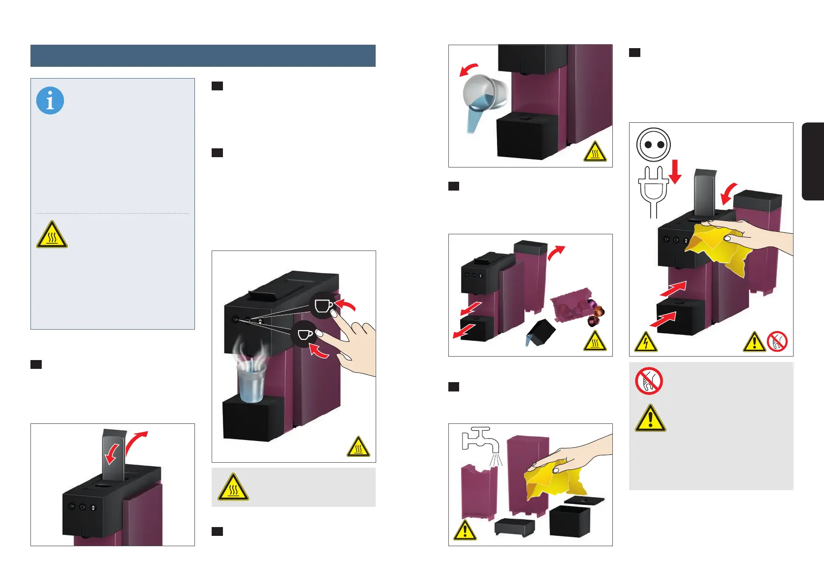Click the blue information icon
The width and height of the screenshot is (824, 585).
pos(50,101)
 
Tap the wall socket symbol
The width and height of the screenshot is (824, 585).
pos(653,144)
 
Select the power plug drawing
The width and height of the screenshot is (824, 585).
pos(653,192)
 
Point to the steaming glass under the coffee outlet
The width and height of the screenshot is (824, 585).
pos(251,381)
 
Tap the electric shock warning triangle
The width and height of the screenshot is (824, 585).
pos(646,342)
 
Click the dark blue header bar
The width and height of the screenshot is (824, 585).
pos(203,56)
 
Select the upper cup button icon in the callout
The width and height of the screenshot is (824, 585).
pos(323,306)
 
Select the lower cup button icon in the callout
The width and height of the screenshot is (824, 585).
pos(304,334)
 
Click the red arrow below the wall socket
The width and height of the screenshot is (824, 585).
pos(676,171)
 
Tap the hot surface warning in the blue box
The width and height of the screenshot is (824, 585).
pos(52,235)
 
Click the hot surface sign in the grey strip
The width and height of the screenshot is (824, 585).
pos(234,487)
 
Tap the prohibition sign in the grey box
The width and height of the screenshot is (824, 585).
pos(649,381)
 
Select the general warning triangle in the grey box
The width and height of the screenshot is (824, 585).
pos(650,419)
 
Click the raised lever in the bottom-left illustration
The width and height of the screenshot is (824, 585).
pos(114,454)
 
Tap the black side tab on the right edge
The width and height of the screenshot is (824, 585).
pos(813,162)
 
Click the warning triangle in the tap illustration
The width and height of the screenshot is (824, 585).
pos(464,530)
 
